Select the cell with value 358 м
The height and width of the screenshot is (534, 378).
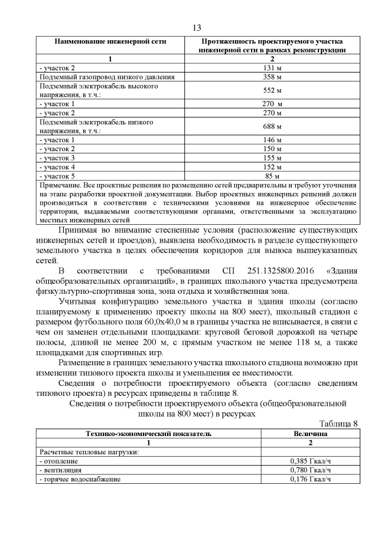pyautogui.click(x=272, y=77)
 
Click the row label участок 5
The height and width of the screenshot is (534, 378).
pyautogui.click(x=57, y=176)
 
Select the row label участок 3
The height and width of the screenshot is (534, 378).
pyautogui.click(x=57, y=158)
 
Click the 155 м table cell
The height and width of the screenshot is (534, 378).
pyautogui.click(x=272, y=158)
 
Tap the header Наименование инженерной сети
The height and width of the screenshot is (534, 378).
pyautogui.click(x=110, y=42)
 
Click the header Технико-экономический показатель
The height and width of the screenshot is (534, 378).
pyautogui.click(x=148, y=434)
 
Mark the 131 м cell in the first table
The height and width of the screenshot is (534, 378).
pyautogui.click(x=272, y=68)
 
